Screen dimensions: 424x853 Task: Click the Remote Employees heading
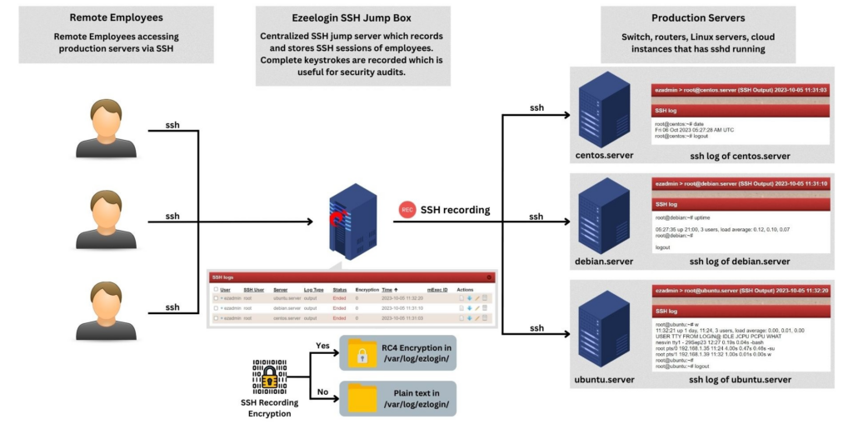(x=116, y=17)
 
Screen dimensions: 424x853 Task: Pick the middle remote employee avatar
(x=106, y=220)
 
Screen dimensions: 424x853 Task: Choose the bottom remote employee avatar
(x=106, y=311)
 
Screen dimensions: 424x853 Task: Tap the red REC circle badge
(x=407, y=210)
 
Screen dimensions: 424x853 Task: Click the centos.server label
(x=604, y=156)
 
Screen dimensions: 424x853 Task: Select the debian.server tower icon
(x=604, y=220)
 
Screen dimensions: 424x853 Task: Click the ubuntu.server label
(x=604, y=379)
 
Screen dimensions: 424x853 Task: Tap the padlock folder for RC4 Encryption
(x=363, y=355)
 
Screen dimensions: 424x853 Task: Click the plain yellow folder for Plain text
(x=363, y=397)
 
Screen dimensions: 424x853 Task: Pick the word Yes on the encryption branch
(x=323, y=345)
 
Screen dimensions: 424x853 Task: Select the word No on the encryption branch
(x=323, y=389)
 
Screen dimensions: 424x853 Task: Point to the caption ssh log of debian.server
(x=740, y=262)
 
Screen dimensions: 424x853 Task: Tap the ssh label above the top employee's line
(x=172, y=125)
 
